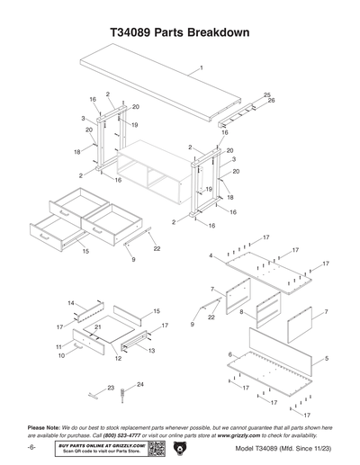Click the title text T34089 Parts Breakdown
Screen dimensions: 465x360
(x=180, y=31)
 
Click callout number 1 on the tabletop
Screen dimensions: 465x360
(x=202, y=68)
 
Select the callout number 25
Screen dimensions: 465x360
(x=267, y=94)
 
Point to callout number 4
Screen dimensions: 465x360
(x=210, y=256)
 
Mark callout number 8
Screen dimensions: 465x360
(x=240, y=312)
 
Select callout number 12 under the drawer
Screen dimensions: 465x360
(x=117, y=359)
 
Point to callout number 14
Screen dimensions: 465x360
(x=70, y=303)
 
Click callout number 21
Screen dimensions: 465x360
(x=97, y=327)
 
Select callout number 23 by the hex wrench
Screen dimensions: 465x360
(x=111, y=388)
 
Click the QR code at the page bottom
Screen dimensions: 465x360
(x=156, y=448)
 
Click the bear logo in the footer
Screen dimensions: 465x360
(x=180, y=448)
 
